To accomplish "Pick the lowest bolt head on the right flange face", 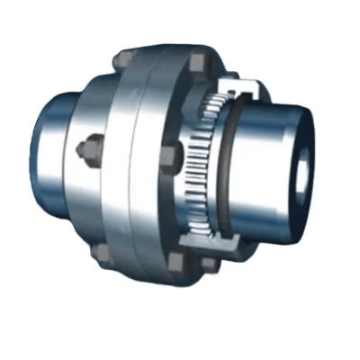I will [176, 261].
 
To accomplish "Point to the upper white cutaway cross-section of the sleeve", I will [241, 90].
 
